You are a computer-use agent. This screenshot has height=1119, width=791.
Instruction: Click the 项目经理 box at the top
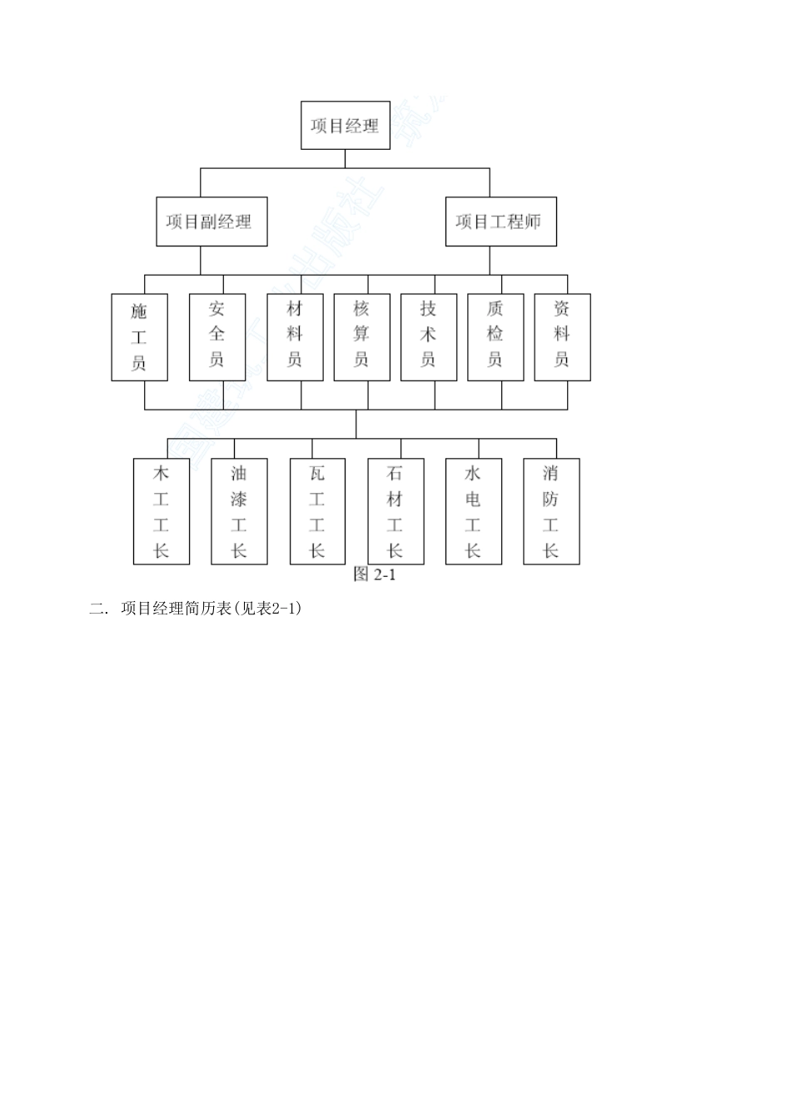click(x=345, y=126)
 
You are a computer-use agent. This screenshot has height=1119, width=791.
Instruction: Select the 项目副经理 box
click(x=211, y=221)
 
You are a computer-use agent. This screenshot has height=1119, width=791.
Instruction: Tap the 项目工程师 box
click(x=500, y=221)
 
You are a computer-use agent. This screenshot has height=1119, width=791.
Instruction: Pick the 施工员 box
click(x=140, y=337)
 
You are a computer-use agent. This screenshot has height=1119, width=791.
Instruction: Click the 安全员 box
click(x=217, y=337)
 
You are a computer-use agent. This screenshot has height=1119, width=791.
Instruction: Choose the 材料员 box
click(x=295, y=337)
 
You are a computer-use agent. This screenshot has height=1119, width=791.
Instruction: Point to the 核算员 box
click(x=361, y=337)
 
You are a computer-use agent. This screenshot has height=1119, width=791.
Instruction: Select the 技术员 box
click(x=428, y=337)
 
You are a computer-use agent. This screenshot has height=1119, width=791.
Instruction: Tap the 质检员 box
click(x=495, y=337)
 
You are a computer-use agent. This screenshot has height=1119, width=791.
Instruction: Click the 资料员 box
click(x=562, y=337)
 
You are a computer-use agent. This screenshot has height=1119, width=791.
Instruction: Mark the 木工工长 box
click(x=162, y=511)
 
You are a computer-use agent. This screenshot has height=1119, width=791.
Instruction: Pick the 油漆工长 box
click(x=239, y=511)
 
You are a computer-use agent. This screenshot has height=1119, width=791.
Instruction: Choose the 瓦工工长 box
click(x=317, y=511)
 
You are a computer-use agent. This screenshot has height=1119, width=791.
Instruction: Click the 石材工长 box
click(x=395, y=511)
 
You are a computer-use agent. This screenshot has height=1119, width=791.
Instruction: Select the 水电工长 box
click(x=473, y=511)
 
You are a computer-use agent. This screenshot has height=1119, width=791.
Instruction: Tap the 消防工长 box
click(x=551, y=511)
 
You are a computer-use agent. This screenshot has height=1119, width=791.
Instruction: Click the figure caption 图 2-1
click(x=374, y=574)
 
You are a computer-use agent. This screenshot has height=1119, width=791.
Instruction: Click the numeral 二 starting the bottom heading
click(x=95, y=609)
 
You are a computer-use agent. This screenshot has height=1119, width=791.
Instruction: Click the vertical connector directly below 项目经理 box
click(x=345, y=159)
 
